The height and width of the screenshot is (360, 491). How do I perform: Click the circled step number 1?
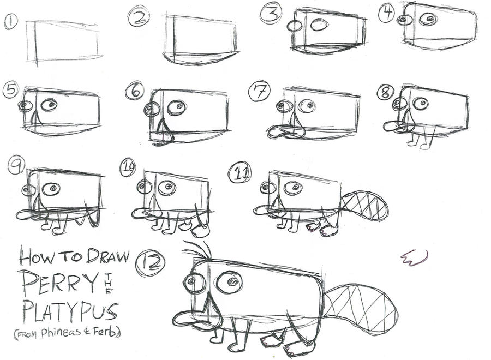[10, 21]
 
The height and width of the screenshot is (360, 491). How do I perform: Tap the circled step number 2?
[139, 16]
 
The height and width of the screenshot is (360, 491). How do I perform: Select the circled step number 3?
[271, 13]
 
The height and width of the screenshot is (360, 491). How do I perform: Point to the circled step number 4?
[386, 12]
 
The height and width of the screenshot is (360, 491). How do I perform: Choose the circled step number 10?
[128, 168]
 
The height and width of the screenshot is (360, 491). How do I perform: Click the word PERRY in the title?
[54, 284]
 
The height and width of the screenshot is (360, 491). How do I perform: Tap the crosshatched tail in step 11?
[364, 206]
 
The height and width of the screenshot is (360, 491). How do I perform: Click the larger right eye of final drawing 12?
[230, 282]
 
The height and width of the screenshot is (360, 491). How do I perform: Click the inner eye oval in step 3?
[319, 25]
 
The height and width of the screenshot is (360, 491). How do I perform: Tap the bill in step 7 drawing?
[279, 131]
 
